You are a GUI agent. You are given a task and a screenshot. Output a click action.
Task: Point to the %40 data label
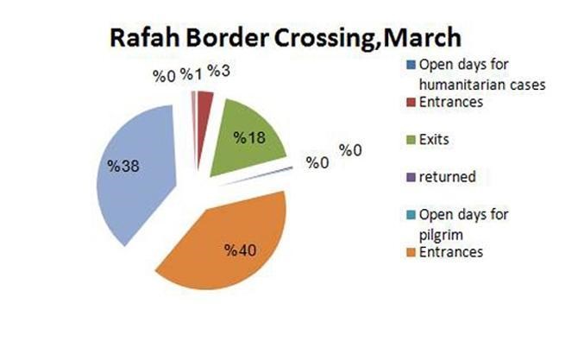[242, 250]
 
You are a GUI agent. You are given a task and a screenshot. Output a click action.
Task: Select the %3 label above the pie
[218, 71]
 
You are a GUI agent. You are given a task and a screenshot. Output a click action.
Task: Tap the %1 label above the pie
[192, 74]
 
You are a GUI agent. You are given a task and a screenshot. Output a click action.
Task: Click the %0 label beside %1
[165, 76]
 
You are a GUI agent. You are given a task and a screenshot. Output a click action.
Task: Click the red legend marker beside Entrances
[411, 102]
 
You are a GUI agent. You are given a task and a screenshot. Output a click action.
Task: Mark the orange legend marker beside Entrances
[411, 252]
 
